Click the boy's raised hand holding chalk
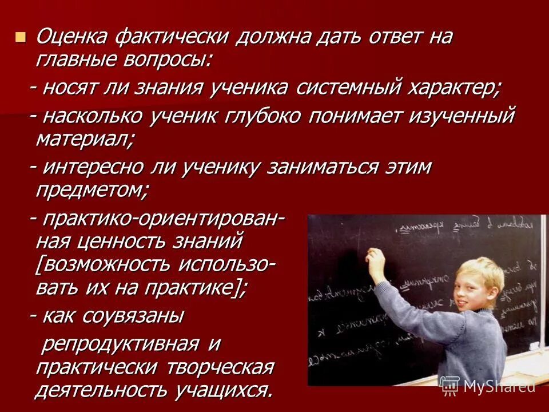(376, 260)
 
